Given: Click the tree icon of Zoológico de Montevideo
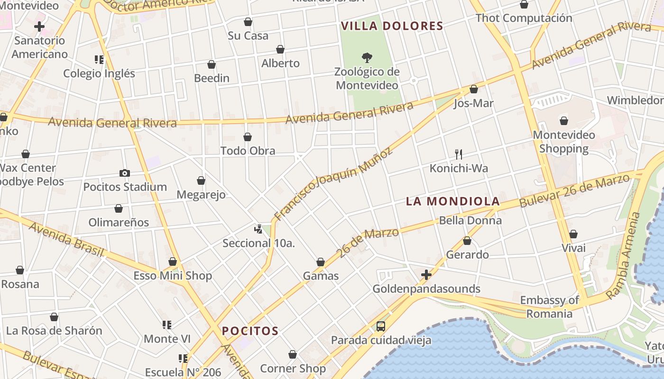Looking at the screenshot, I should tap(367, 58).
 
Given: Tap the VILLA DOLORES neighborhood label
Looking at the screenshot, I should tap(392, 26).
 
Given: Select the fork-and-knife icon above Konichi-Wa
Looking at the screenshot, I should tap(458, 154).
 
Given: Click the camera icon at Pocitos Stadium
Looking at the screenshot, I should tap(125, 173).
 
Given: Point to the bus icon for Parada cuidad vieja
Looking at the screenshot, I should tap(380, 326).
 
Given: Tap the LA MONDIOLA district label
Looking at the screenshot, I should tap(453, 201).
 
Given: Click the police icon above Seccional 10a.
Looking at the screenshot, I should tap(258, 229).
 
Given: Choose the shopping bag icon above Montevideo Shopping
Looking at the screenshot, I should tap(564, 121).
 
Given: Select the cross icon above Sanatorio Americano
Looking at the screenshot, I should tap(39, 27).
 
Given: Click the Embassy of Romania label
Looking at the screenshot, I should tap(550, 307).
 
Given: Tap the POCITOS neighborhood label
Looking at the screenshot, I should tap(250, 331).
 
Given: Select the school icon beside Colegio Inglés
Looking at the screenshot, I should tap(99, 60).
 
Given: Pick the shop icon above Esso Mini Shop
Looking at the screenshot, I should tap(173, 262).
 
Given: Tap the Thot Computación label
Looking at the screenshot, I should tap(524, 18).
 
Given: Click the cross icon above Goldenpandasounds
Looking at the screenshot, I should tap(426, 275).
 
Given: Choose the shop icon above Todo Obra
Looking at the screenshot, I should tap(248, 137).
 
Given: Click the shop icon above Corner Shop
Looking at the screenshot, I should tap(293, 354).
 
